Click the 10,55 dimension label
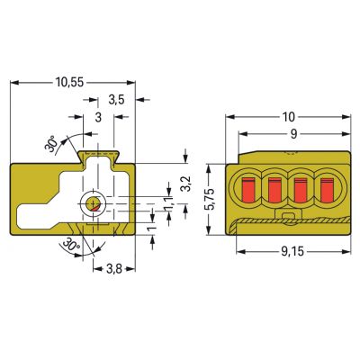tap(69, 82)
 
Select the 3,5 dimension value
tap(116, 100)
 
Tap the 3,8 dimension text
tap(114, 269)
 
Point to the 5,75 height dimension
tap(211, 199)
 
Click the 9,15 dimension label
tap(292, 252)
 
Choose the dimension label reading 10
tap(289, 117)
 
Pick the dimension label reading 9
tap(294, 134)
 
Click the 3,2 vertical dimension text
tap(186, 184)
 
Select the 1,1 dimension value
tap(169, 204)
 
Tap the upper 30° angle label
tap(51, 143)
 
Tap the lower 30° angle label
tap(70, 245)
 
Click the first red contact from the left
tap(248, 189)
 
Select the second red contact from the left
tap(274, 190)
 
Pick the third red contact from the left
tap(301, 190)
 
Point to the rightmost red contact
tap(327, 190)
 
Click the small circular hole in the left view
tap(93, 203)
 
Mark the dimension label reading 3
tap(98, 117)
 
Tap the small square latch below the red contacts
tap(289, 216)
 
